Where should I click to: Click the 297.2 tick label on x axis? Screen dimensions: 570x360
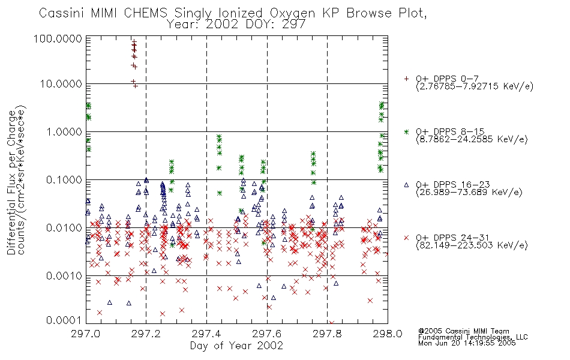point(146,334)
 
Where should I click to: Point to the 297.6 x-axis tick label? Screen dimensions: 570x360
point(266,334)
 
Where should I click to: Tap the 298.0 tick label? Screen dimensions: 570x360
point(388,334)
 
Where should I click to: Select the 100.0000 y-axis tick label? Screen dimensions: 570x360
point(58,38)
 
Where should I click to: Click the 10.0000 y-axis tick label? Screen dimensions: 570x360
point(61,84)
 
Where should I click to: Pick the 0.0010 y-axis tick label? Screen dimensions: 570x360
point(64,276)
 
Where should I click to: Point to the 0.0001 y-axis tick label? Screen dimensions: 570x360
point(64,320)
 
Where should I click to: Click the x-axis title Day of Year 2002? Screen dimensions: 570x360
point(236,346)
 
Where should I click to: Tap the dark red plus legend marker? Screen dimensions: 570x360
point(406,79)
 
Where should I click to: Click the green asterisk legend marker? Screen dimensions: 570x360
point(406,131)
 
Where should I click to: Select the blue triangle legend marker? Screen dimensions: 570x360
point(406,185)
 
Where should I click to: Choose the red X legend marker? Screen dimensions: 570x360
point(406,238)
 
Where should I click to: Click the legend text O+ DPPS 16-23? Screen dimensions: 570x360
point(453,185)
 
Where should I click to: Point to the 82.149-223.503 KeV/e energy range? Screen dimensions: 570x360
point(472,245)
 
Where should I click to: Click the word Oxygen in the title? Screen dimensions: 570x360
point(292,13)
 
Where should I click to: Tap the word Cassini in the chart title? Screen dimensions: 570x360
point(62,13)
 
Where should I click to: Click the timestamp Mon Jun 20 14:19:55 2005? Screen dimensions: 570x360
point(467,343)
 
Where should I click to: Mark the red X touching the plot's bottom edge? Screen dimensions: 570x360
point(331,323)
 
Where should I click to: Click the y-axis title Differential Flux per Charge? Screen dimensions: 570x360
point(11,182)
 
